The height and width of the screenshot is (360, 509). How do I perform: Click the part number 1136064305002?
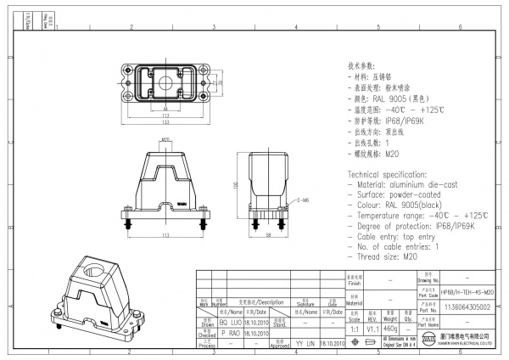(x=467, y=307)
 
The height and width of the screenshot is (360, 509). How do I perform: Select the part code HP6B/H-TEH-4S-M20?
(x=467, y=291)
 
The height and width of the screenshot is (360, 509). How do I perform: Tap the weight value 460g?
(x=391, y=327)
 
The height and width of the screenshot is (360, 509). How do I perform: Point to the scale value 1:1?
(x=353, y=327)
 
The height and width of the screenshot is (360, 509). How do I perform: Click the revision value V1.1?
(x=372, y=327)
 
